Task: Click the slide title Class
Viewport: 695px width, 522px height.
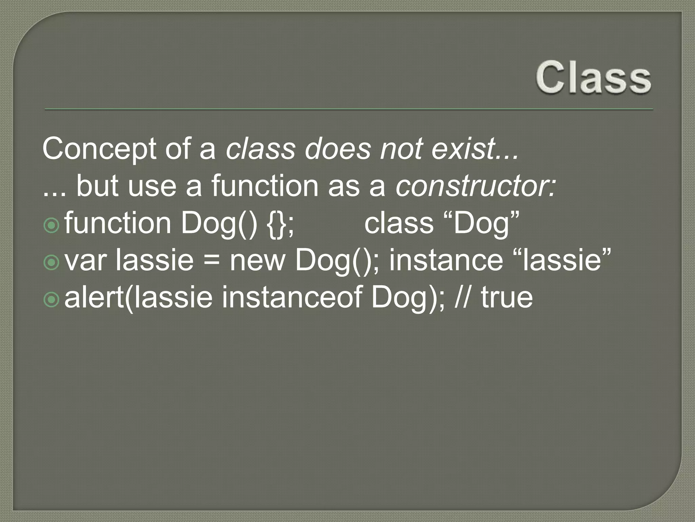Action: [x=593, y=77]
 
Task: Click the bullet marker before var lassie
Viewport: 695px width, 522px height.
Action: [x=52, y=263]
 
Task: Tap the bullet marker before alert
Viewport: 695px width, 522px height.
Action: [x=52, y=300]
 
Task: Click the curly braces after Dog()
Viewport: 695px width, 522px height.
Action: [x=278, y=224]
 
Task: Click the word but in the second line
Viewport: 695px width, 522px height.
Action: [x=97, y=186]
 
